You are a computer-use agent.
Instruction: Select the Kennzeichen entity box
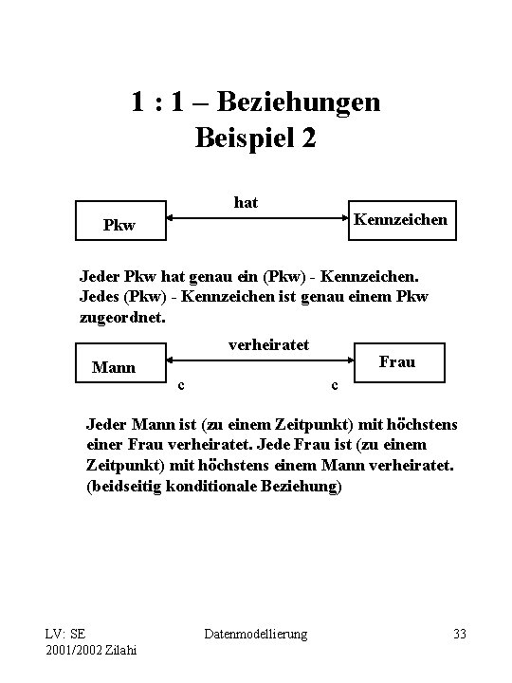[399, 220]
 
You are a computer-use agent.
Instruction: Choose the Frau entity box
[396, 361]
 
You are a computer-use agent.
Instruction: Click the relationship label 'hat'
[246, 202]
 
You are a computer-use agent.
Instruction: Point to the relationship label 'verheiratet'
[269, 345]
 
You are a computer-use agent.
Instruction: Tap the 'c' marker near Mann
[181, 384]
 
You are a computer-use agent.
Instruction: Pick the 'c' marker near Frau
[333, 384]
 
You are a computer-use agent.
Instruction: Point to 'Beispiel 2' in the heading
[255, 138]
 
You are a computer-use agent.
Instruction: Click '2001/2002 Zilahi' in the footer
[90, 649]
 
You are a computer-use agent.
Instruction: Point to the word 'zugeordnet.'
[122, 318]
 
